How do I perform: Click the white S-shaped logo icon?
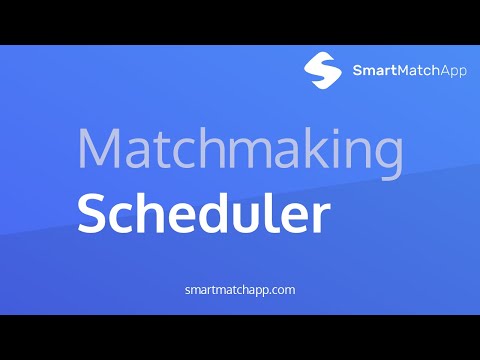click(322, 70)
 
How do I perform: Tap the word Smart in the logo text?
click(375, 70)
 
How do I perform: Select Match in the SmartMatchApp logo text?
click(419, 70)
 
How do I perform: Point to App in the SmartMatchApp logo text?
click(453, 72)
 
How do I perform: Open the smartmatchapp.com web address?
click(240, 290)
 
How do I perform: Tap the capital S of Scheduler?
click(91, 213)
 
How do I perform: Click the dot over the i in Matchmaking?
click(336, 132)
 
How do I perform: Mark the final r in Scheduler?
click(320, 218)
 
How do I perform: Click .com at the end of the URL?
click(281, 290)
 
